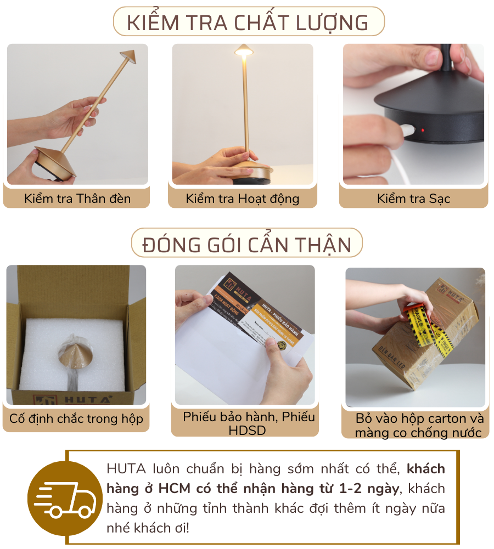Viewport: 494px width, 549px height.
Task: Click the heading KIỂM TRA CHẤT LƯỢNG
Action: [248, 22]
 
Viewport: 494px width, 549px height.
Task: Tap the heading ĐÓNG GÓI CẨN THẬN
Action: [247, 244]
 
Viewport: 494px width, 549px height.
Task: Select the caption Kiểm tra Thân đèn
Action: [77, 199]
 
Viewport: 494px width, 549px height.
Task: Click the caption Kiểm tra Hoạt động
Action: [243, 199]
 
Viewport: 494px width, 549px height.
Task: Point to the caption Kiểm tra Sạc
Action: [413, 199]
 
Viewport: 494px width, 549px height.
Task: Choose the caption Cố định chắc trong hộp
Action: [76, 419]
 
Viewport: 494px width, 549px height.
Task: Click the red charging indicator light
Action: [423, 131]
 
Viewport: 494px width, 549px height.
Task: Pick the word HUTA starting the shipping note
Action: [126, 469]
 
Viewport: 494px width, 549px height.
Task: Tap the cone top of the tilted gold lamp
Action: [127, 56]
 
